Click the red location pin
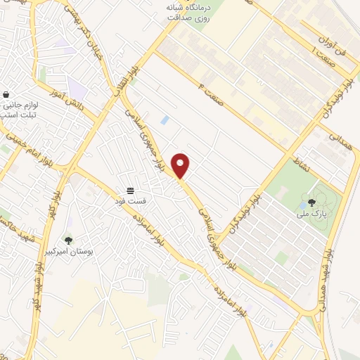181,165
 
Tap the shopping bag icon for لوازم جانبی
6,95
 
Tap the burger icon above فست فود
130,191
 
